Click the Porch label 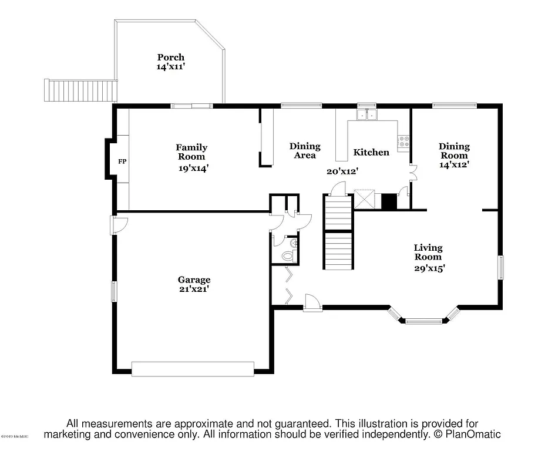(x=170, y=57)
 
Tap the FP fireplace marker (x=123, y=161)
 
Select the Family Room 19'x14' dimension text (x=192, y=169)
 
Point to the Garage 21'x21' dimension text (x=194, y=289)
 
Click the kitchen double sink (x=367, y=115)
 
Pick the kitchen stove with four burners (x=403, y=142)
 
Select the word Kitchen (x=371, y=152)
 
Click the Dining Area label (x=305, y=150)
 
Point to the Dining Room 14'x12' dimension (x=454, y=165)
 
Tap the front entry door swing (x=312, y=301)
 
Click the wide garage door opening (x=193, y=369)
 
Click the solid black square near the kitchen (x=389, y=201)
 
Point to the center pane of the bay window (x=423, y=321)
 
